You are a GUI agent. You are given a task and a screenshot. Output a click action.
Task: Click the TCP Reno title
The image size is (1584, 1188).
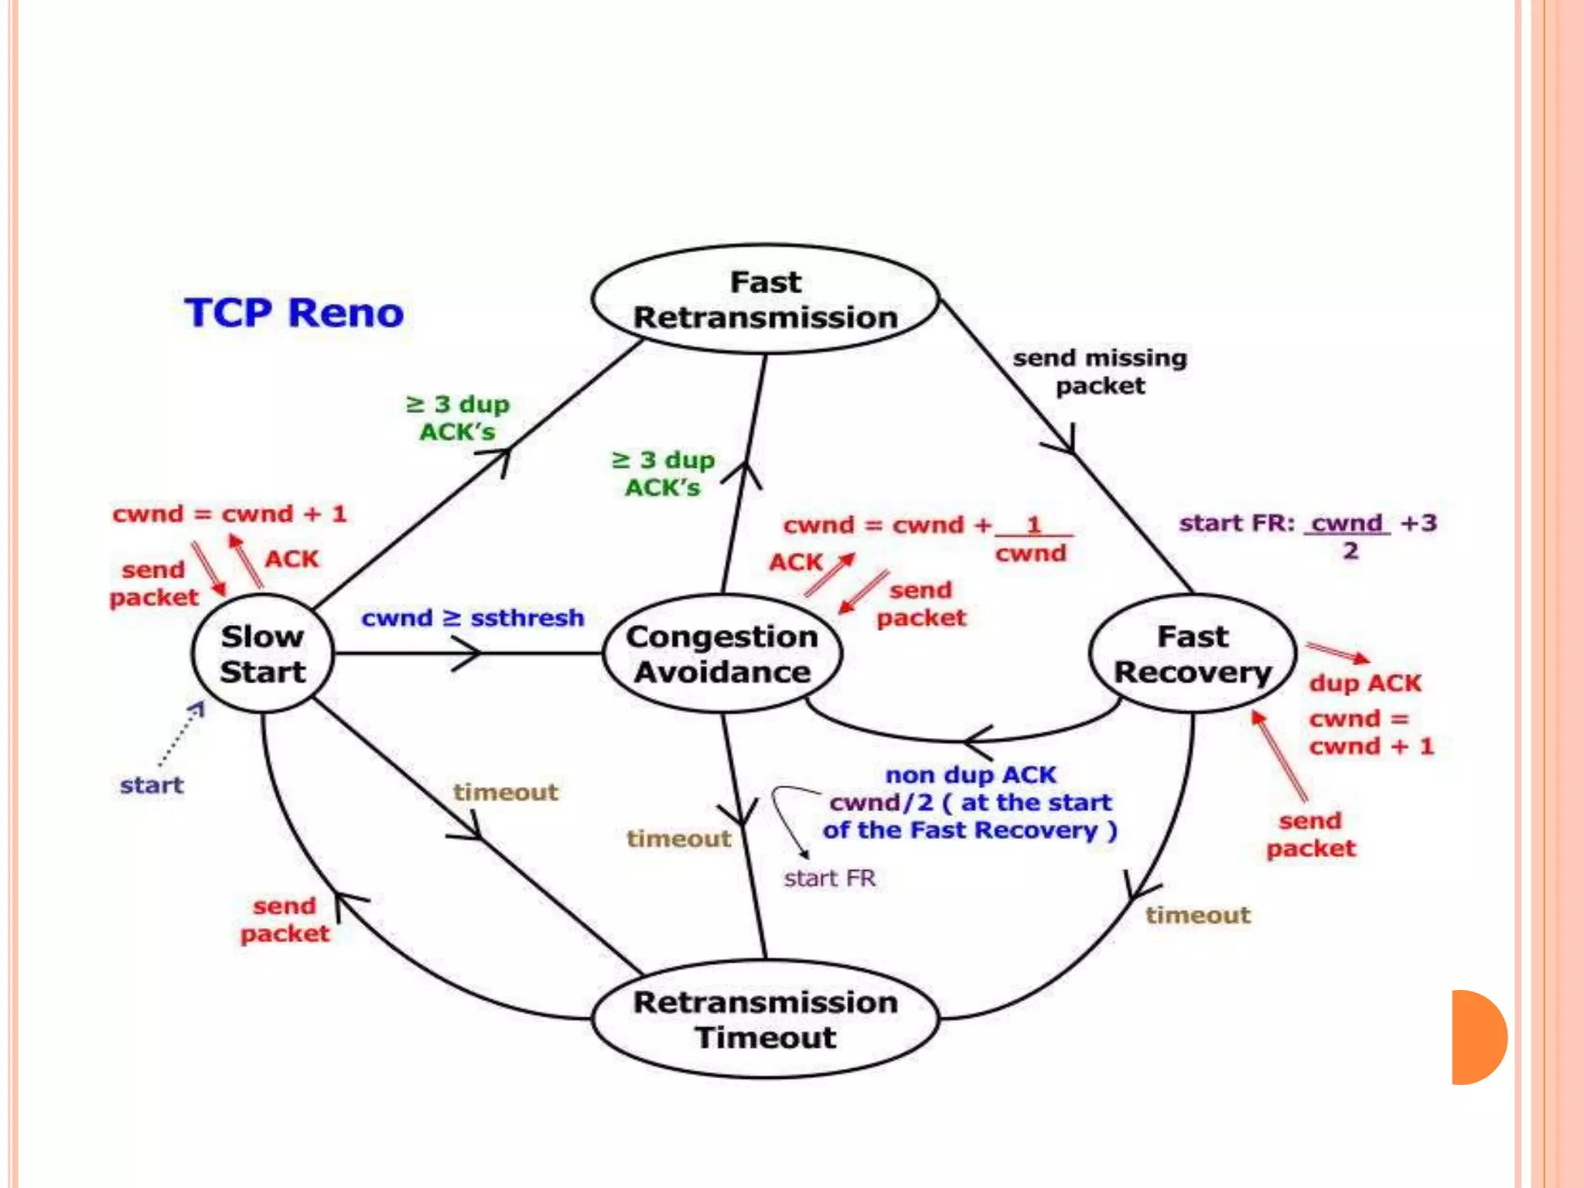294,313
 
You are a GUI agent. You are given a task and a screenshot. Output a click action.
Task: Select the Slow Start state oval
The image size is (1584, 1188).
263,654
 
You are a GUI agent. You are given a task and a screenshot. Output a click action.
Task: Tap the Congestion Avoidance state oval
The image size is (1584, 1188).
722,654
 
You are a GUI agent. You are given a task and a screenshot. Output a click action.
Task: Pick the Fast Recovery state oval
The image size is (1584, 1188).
1193,654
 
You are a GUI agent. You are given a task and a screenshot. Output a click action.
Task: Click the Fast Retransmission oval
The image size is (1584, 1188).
766,300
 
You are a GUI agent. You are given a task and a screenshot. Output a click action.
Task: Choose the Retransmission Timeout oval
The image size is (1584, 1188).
766,1019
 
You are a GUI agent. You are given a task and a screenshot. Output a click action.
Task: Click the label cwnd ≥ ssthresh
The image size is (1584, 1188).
473,618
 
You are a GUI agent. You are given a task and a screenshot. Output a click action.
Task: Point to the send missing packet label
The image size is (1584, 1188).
1100,371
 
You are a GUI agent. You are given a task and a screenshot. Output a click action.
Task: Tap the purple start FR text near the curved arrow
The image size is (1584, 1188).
829,879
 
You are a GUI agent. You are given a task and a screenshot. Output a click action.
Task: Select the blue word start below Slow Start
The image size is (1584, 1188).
152,786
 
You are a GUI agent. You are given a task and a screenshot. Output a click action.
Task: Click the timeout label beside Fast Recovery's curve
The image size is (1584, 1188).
1197,916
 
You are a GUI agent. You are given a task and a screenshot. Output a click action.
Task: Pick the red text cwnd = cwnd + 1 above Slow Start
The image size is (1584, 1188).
230,514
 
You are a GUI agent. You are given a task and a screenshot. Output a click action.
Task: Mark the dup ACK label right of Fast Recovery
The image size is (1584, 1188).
1365,683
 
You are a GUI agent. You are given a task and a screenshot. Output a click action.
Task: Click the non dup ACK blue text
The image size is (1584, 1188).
971,774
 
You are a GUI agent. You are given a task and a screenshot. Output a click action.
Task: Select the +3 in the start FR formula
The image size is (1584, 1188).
1418,523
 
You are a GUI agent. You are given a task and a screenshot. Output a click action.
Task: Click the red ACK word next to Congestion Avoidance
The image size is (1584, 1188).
795,562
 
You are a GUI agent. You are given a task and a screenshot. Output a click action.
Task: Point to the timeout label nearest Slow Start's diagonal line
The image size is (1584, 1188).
506,792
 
